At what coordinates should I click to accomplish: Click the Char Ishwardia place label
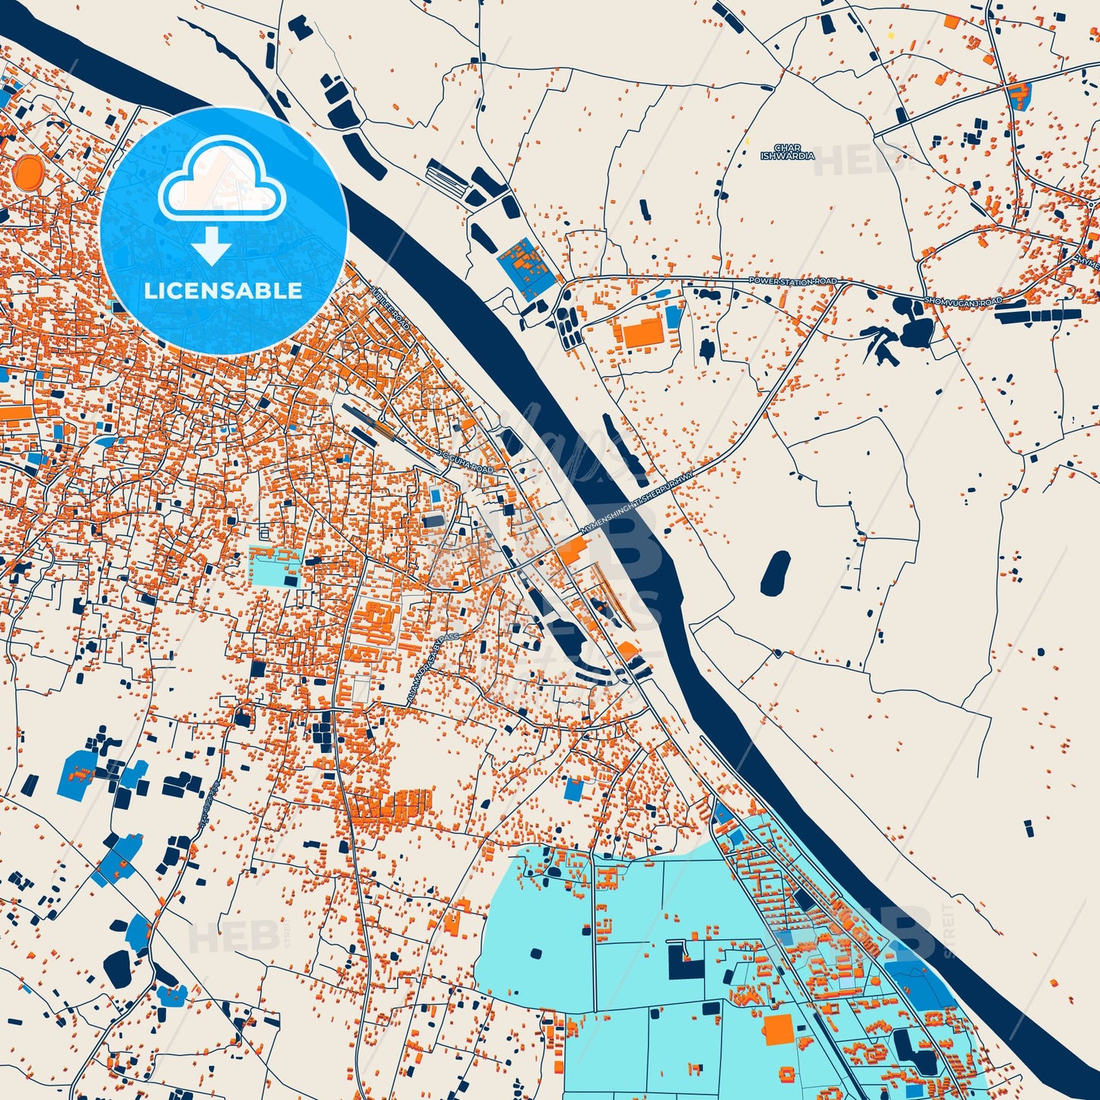click(787, 152)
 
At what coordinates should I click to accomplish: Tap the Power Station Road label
click(792, 282)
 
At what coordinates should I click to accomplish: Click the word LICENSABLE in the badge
click(223, 291)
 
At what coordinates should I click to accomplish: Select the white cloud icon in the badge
click(222, 180)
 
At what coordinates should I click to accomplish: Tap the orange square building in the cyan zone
click(778, 1028)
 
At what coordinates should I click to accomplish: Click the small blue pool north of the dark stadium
click(435, 496)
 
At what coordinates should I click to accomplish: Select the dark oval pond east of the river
click(775, 574)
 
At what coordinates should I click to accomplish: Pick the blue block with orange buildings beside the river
click(526, 266)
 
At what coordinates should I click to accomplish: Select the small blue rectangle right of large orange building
click(673, 317)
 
